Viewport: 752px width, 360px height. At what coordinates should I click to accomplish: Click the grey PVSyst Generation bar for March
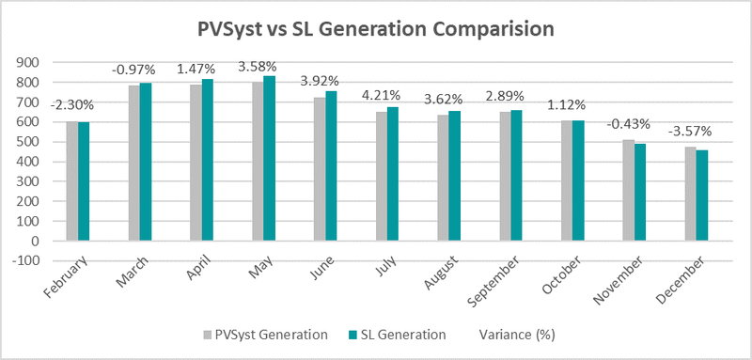point(133,163)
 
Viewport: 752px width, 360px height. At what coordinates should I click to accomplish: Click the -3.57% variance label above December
point(696,131)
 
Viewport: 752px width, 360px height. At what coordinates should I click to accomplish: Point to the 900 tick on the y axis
point(31,63)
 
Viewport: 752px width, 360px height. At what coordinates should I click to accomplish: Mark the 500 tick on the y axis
point(31,142)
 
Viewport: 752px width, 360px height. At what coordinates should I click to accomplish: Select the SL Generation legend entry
point(399,333)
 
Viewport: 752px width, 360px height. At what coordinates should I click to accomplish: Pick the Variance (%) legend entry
point(515,333)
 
